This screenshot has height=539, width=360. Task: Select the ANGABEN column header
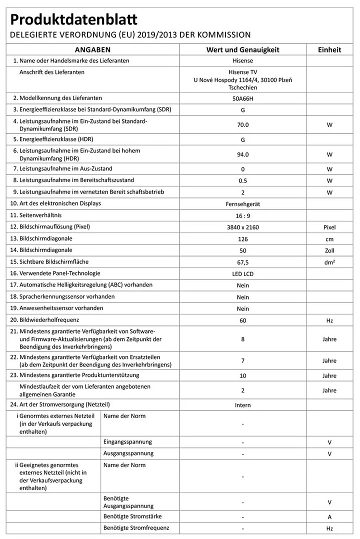coord(92,50)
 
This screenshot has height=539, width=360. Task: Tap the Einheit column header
coord(329,50)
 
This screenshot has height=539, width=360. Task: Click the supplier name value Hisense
coord(242,61)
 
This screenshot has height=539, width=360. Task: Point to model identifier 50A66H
coord(242,98)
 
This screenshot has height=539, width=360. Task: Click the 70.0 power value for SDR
coord(242,125)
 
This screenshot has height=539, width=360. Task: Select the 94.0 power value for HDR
coord(242,154)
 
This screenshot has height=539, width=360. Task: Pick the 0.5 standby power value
coord(242,180)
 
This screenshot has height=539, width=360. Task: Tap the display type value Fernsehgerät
coord(242,204)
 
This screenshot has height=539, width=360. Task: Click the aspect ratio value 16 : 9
coord(242,215)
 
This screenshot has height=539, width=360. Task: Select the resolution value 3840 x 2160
coord(242,227)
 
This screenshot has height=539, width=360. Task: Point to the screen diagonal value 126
coord(242,239)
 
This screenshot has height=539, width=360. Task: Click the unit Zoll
coord(329,250)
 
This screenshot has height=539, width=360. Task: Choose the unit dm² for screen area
coord(329,262)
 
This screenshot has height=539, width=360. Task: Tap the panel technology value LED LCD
coord(242,274)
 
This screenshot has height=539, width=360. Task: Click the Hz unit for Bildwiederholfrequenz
coord(329,320)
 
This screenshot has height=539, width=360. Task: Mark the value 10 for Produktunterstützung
coord(242,375)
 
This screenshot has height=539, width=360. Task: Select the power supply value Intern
coord(242,405)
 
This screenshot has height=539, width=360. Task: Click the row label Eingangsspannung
coord(127,442)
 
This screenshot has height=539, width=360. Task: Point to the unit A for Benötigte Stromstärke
coord(329,517)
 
